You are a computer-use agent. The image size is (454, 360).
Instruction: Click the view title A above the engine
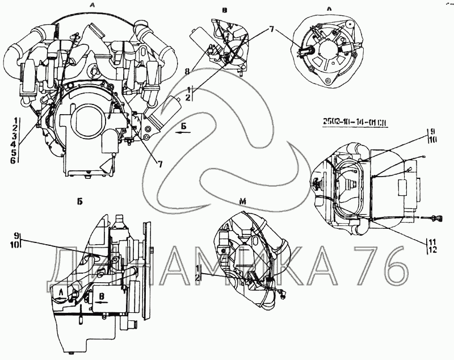(92, 6)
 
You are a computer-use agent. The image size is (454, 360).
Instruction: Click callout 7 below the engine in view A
(160, 165)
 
